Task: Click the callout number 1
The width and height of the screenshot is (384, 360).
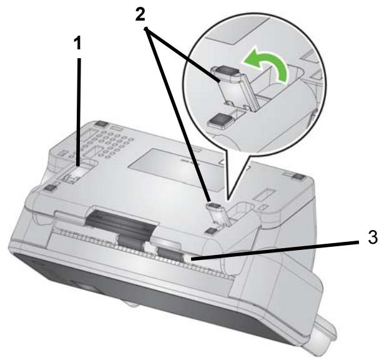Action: (x=77, y=43)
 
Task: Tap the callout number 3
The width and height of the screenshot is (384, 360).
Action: (x=373, y=237)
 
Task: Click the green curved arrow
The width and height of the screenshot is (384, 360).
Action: (x=266, y=64)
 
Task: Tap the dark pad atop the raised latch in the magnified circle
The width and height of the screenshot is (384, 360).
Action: (x=226, y=71)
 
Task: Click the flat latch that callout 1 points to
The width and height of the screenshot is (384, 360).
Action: (x=76, y=172)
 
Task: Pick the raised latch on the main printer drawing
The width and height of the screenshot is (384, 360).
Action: (x=219, y=211)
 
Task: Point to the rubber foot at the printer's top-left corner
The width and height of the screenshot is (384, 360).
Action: (x=101, y=124)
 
